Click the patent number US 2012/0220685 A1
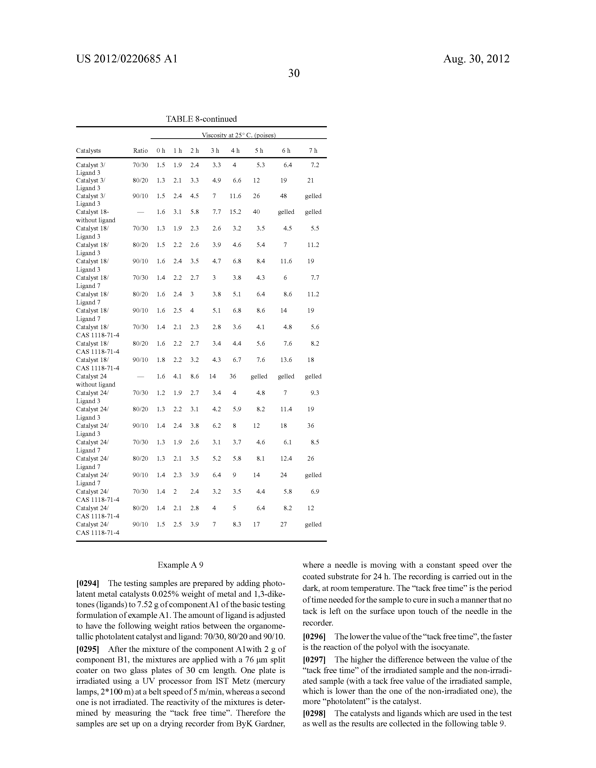127,59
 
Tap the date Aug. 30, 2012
476,59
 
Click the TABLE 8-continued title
201,119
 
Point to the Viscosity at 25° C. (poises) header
239,135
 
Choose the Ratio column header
140,151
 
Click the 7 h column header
313,151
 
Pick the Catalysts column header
88,151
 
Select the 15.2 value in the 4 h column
235,212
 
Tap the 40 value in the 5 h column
257,212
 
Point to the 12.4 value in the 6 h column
286,458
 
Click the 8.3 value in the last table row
237,524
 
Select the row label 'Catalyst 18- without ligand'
95,216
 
